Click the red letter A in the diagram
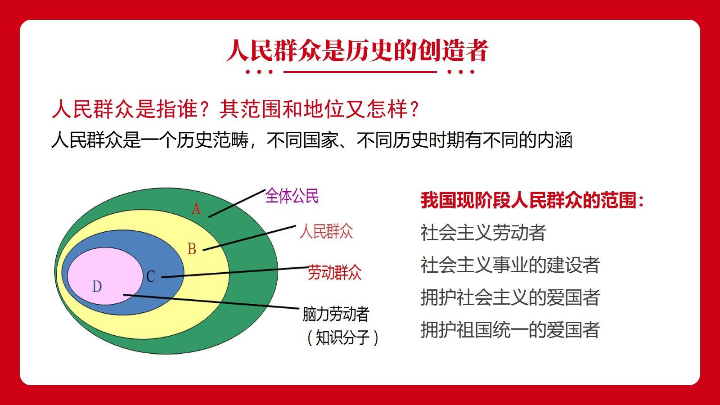196,209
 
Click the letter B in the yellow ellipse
192,249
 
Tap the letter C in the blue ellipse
151,276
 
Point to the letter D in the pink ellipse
97,286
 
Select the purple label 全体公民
292,196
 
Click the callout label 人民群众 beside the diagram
326,231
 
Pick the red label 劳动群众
335,273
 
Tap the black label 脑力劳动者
336,314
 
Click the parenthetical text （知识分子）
342,337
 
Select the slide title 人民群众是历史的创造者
357,50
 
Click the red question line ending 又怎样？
236,109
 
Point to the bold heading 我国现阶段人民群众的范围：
532,200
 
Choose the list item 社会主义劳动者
483,232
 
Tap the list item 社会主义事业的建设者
510,265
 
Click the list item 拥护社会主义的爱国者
510,297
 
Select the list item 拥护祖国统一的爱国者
510,330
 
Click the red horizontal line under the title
360,72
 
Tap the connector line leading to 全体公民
237,203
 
